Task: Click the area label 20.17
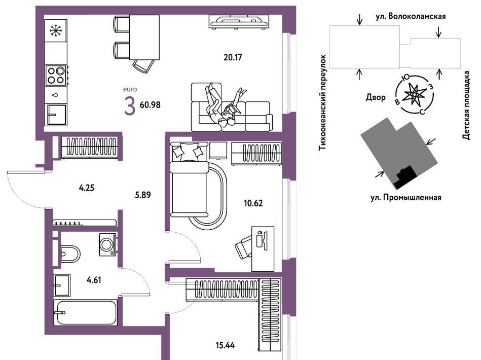234,57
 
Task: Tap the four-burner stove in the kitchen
56,75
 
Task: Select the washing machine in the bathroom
107,244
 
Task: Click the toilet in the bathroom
69,253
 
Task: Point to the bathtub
85,313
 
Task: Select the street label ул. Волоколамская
411,16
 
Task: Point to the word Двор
376,96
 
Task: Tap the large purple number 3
129,105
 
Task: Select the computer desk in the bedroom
262,248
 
